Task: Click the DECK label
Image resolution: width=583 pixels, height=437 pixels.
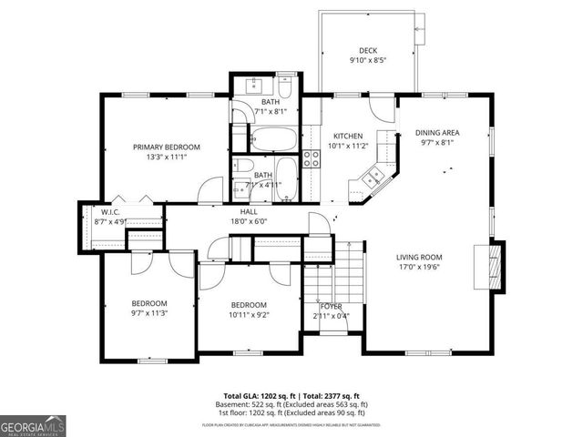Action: (368, 51)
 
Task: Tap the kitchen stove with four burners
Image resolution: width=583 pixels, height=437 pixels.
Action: (312, 159)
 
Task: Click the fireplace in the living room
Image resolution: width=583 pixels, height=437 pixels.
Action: (495, 263)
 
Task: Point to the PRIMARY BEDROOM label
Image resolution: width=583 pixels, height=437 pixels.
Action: (167, 147)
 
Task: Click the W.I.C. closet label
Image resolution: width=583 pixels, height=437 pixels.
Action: (110, 211)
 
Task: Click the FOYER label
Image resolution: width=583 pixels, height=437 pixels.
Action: (331, 306)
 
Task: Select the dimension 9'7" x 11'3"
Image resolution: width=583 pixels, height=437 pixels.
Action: (148, 312)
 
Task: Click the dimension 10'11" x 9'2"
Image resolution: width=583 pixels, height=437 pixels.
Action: (248, 315)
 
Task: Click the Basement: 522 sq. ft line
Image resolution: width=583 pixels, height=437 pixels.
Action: (291, 403)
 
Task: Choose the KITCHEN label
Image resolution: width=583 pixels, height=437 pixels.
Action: (349, 135)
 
